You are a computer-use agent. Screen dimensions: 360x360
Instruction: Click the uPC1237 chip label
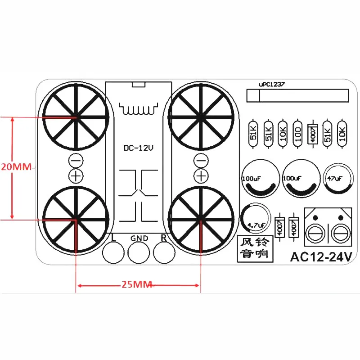(x=272, y=84)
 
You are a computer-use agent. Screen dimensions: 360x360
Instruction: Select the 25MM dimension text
(x=136, y=284)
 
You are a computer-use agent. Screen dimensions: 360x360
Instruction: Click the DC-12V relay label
(x=139, y=148)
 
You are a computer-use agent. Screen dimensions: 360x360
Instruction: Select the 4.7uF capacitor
(x=255, y=218)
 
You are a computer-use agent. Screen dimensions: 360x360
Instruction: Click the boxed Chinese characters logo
(x=255, y=247)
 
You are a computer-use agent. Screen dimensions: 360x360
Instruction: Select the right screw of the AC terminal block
(x=341, y=233)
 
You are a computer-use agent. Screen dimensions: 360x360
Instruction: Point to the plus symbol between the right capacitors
(x=202, y=175)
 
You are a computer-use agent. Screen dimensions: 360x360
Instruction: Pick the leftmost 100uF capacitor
(x=258, y=178)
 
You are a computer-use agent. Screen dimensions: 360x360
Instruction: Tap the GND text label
(x=139, y=238)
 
